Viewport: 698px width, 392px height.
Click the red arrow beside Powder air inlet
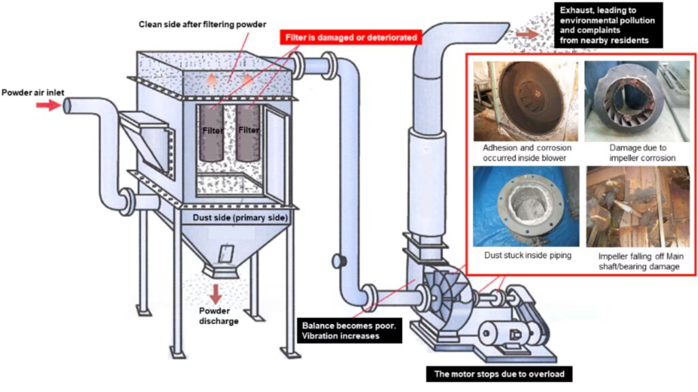(48, 105)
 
